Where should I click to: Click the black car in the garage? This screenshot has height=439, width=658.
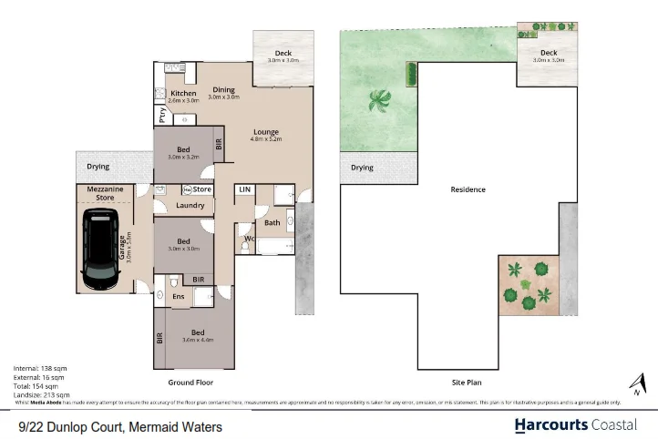click(100, 249)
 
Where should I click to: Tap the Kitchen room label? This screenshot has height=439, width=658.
click(183, 94)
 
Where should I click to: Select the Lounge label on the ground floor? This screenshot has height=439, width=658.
click(265, 132)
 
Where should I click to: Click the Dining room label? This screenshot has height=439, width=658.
click(223, 89)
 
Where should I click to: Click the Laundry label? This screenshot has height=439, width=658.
click(190, 205)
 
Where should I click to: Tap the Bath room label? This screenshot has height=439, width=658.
click(272, 222)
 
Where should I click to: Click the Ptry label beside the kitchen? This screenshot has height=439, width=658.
click(161, 117)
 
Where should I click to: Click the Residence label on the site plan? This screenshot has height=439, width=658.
click(468, 189)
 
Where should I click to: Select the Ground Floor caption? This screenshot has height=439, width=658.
click(190, 383)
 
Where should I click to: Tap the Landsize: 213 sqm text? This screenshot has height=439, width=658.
click(41, 395)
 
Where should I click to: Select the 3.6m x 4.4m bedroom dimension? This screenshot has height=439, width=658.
click(198, 340)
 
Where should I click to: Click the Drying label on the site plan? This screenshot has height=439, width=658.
click(363, 168)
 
